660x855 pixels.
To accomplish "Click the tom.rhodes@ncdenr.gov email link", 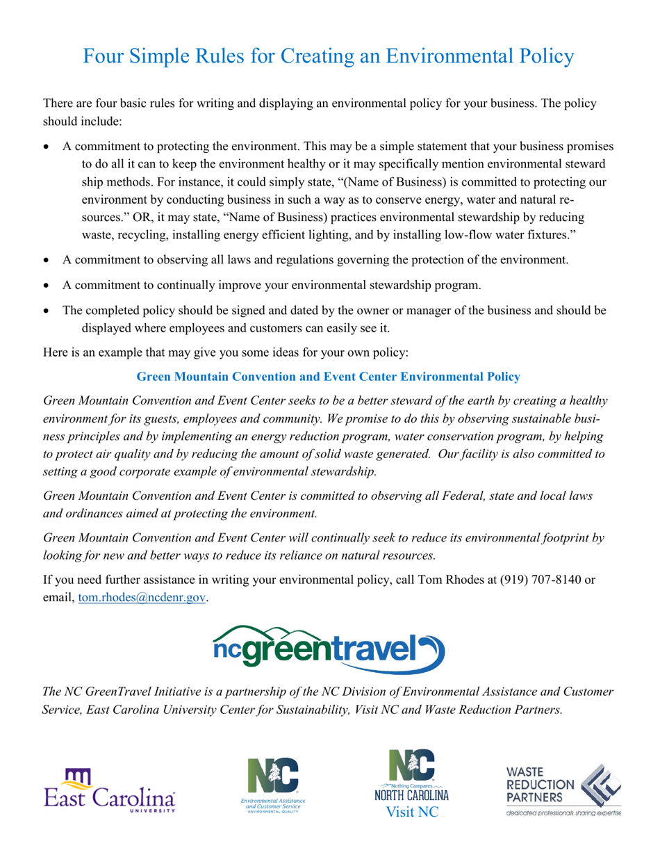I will [142, 597].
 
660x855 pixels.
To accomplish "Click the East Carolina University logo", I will [109, 790].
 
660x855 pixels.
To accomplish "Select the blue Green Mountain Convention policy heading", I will [328, 377].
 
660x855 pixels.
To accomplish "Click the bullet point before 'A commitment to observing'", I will [47, 262].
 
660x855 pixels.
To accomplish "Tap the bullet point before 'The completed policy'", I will [47, 311].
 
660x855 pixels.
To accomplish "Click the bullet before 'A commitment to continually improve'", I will [47, 286].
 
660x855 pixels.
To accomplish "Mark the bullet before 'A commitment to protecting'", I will [47, 148].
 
